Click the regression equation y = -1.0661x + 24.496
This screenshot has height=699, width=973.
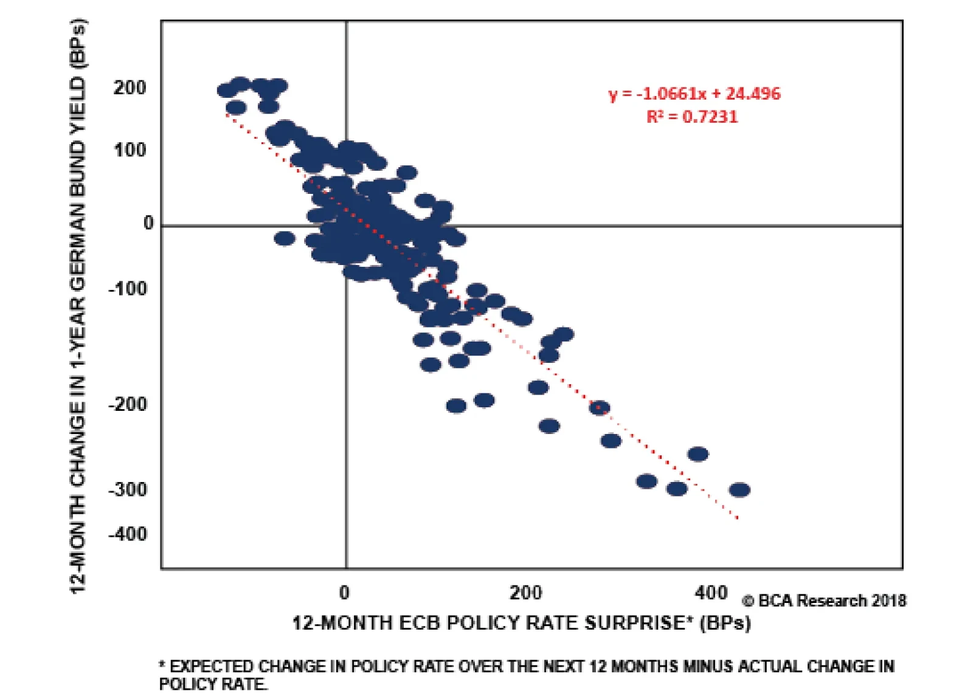point(694,94)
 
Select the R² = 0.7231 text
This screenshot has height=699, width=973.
point(692,116)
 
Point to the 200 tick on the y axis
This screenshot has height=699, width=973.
point(130,88)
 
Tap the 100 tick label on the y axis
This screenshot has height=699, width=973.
point(130,150)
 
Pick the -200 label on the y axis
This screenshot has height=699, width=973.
point(128,404)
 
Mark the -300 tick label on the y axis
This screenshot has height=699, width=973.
point(128,489)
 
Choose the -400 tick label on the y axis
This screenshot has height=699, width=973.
point(128,534)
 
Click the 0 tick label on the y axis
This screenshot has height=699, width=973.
point(148,223)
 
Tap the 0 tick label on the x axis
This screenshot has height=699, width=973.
point(344,592)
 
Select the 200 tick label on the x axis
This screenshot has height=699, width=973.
point(525,592)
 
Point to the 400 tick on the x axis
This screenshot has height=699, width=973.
point(711,592)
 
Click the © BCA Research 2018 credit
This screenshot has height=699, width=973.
point(824,601)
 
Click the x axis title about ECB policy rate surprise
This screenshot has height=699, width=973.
point(521,623)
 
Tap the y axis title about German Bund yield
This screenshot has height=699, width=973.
point(78,307)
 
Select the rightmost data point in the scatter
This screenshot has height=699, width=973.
point(739,490)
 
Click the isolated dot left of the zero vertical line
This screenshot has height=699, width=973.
point(284,238)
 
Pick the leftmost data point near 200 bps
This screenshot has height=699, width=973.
point(227,91)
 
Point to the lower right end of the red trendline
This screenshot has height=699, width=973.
point(738,518)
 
